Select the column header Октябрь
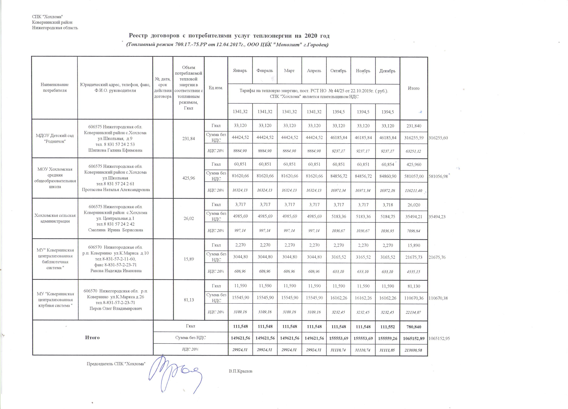[x=338, y=71]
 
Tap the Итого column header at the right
[x=414, y=88]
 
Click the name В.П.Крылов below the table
[x=240, y=371]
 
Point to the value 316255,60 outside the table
[x=438, y=138]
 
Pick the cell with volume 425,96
[x=189, y=178]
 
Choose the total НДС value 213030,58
[x=414, y=350]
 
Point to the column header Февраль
[x=265, y=71]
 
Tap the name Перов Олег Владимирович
[x=116, y=308]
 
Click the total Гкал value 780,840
[x=414, y=327]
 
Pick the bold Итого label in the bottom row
[x=92, y=338]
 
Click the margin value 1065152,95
[x=439, y=338]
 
